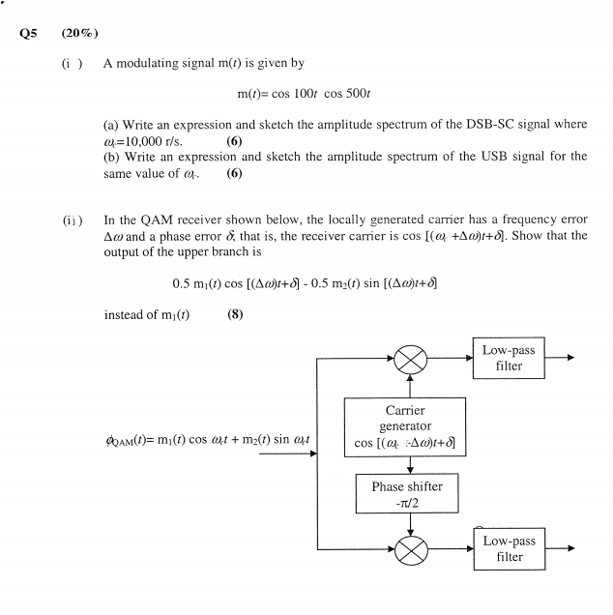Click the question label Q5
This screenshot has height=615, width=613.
(27, 33)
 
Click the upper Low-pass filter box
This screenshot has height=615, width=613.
(509, 358)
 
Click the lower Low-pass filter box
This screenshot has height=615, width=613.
(509, 549)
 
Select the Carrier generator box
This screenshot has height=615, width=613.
(406, 427)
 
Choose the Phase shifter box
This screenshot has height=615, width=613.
(406, 494)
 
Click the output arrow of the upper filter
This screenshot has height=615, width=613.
(561, 358)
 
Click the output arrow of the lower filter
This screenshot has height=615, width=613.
(561, 549)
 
